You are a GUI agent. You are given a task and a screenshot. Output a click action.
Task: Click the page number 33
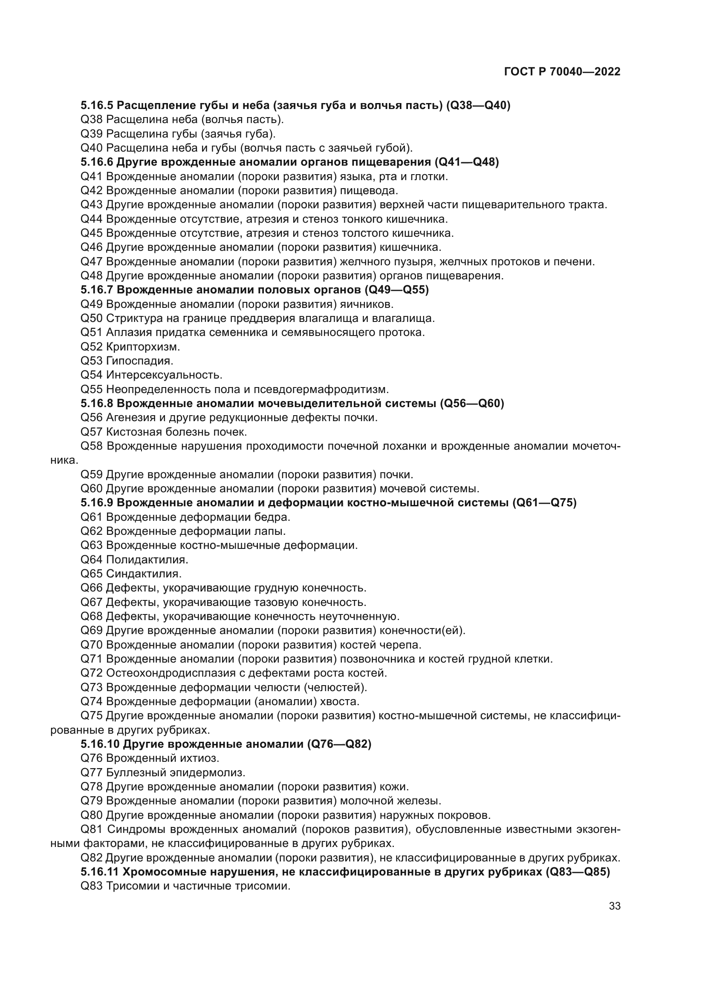(x=614, y=906)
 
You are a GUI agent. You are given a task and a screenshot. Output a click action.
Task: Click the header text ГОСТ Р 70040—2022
(x=562, y=72)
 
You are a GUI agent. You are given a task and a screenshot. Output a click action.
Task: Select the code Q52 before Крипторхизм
(x=92, y=347)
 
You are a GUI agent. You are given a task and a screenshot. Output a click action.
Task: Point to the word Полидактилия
(x=147, y=560)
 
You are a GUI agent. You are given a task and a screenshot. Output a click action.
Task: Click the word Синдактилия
(x=144, y=574)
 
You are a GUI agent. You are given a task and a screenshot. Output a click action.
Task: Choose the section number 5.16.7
(x=97, y=290)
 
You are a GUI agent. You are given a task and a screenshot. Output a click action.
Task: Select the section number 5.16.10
(x=100, y=744)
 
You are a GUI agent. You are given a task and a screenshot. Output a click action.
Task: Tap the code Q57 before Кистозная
(x=92, y=432)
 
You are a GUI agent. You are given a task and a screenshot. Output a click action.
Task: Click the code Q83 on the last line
(x=92, y=886)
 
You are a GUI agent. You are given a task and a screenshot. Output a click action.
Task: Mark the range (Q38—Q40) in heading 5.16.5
(x=478, y=106)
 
